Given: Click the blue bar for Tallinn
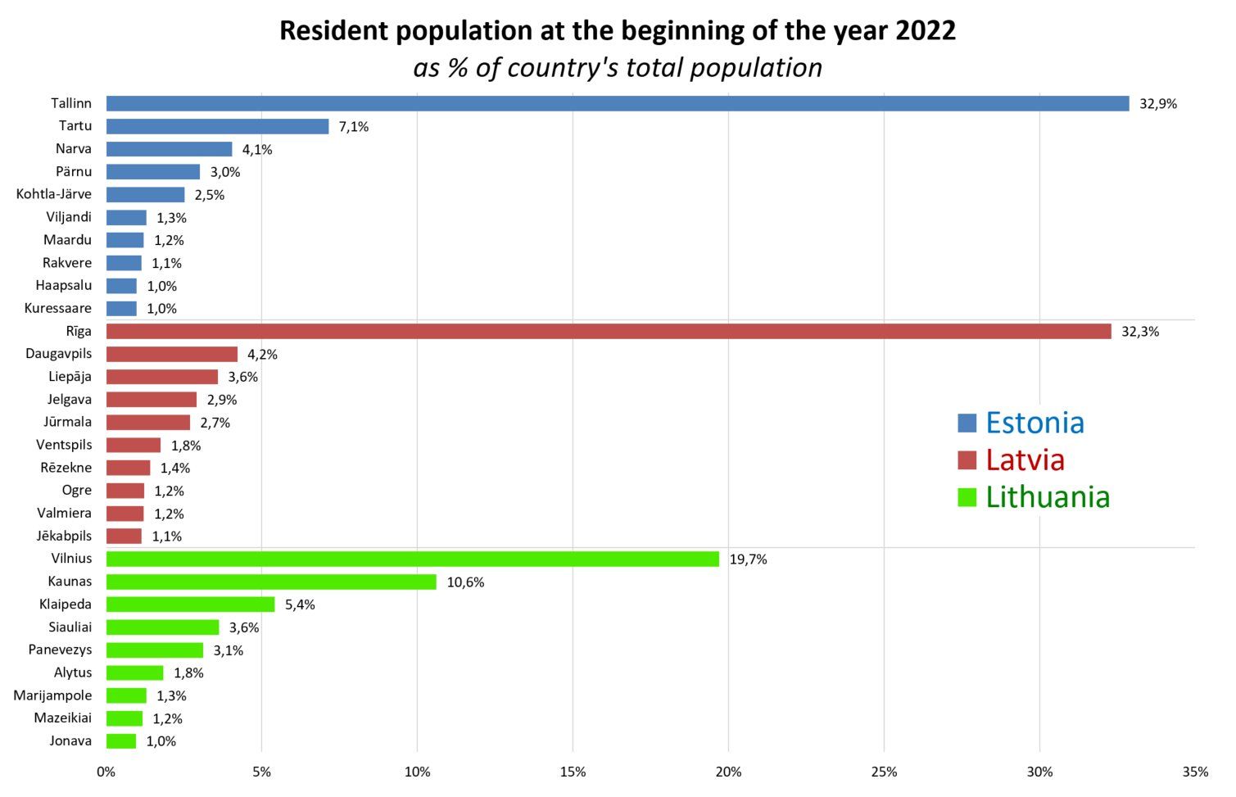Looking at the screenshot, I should click(x=618, y=104).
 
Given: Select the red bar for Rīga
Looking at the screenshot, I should click(x=609, y=332).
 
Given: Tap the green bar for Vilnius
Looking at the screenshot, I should click(x=413, y=559).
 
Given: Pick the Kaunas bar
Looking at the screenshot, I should click(x=271, y=582).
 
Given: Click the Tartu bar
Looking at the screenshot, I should click(x=217, y=127).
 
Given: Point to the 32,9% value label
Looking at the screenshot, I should click(x=1157, y=104).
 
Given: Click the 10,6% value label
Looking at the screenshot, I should click(x=465, y=582).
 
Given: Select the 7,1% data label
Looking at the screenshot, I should click(x=353, y=127).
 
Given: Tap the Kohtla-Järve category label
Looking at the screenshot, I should click(x=54, y=195).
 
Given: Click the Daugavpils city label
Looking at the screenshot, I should click(x=59, y=354).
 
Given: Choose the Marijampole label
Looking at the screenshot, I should click(x=53, y=695).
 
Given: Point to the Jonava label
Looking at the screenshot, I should click(x=70, y=741).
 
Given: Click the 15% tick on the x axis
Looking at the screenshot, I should click(x=573, y=772).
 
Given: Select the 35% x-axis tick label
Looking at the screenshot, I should click(x=1194, y=772).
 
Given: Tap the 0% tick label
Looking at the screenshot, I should click(x=106, y=772).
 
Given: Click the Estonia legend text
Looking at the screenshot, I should click(x=1035, y=423).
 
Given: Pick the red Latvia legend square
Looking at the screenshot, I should click(x=967, y=460).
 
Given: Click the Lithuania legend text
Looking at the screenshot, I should click(x=1047, y=497).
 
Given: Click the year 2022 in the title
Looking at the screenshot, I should click(x=926, y=31).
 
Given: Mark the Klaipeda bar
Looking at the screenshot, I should click(x=191, y=605).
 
